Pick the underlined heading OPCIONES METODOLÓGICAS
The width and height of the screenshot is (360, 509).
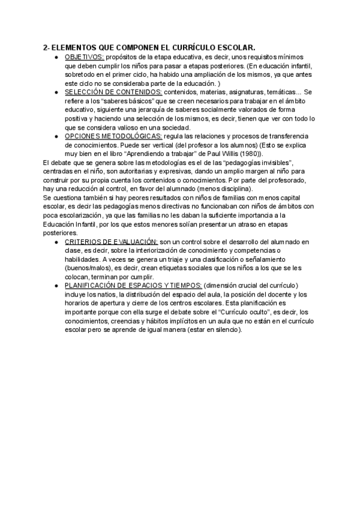(x=113, y=136)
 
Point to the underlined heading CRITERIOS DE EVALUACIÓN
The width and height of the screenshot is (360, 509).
(x=111, y=241)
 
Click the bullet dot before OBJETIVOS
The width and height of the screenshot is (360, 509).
(x=56, y=57)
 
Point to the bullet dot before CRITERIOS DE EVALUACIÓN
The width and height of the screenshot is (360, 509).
(x=56, y=242)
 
